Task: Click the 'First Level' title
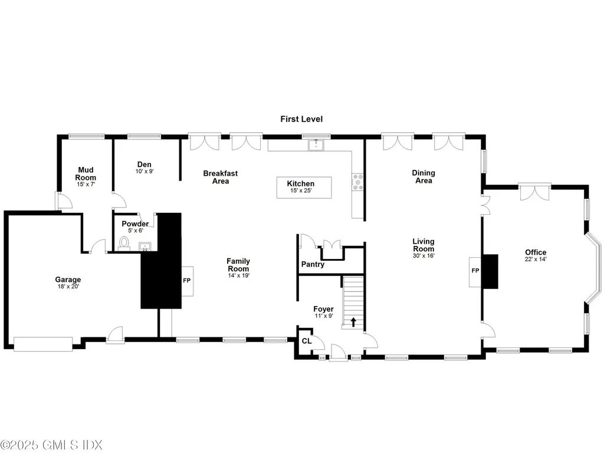click(301, 119)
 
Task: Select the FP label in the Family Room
click(187, 280)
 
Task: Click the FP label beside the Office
click(475, 271)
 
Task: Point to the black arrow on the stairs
click(353, 321)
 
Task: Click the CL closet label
click(306, 341)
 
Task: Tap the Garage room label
click(68, 280)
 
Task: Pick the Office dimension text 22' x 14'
click(536, 260)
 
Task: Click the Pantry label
click(313, 264)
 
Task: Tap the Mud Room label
click(86, 173)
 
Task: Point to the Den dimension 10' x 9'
click(145, 172)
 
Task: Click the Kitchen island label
click(301, 183)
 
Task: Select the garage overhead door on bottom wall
click(43, 344)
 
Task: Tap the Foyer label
click(323, 309)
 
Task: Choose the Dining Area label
click(424, 176)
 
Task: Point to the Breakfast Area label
click(221, 177)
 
